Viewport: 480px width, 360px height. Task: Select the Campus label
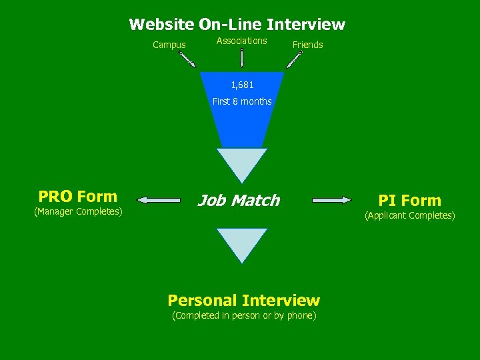169,45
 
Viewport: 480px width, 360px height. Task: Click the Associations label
241,41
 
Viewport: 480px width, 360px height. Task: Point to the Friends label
307,45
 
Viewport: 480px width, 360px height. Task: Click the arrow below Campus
187,60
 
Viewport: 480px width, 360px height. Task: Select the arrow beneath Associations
241,58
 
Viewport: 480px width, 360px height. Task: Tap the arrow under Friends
294,60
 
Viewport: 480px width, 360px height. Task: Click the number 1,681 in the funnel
242,85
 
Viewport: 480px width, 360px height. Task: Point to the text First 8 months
242,101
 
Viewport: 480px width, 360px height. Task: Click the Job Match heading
238,201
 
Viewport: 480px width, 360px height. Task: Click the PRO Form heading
78,197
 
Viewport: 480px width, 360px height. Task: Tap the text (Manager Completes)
78,212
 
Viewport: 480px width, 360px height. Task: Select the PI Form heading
409,201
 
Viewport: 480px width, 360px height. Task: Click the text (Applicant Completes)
409,216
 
